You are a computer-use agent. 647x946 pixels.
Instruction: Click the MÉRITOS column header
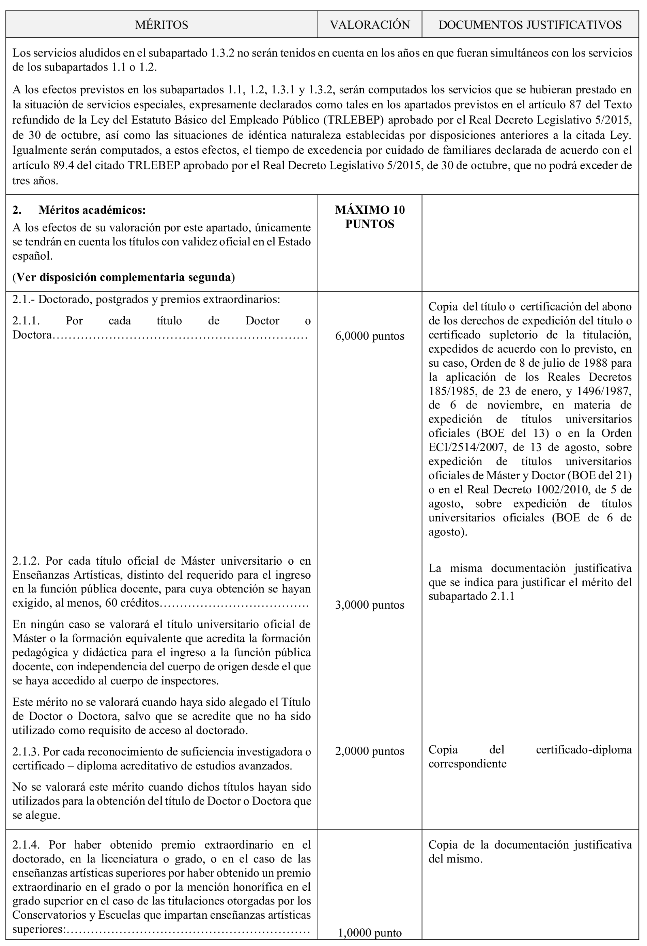161,25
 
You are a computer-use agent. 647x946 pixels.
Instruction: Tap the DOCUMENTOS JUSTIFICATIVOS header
530,25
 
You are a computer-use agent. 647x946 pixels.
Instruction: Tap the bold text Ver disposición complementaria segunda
124,277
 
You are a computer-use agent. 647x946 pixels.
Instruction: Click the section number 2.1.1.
26,321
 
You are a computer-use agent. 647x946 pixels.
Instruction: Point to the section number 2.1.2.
26,561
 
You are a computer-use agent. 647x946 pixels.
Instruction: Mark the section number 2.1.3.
26,751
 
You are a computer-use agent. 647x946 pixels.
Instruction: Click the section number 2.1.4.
26,845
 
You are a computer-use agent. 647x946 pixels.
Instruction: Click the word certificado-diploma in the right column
584,749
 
